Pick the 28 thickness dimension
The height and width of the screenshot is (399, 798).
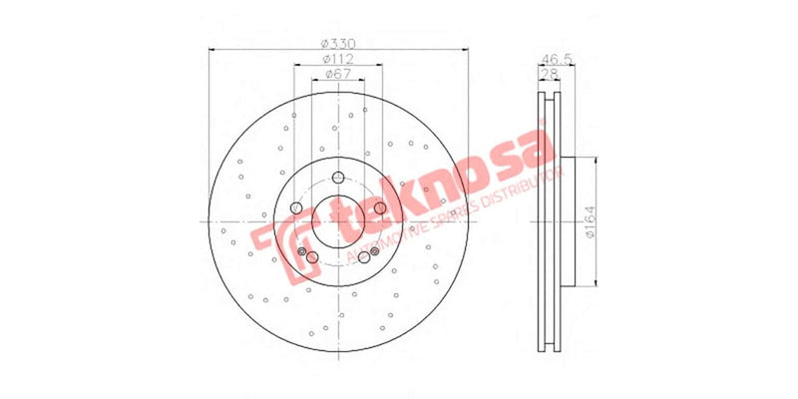pyautogui.click(x=548, y=75)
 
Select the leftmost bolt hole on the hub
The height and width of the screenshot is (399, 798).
pyautogui.click(x=296, y=208)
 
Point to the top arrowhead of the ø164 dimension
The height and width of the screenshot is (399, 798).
pyautogui.click(x=597, y=160)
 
